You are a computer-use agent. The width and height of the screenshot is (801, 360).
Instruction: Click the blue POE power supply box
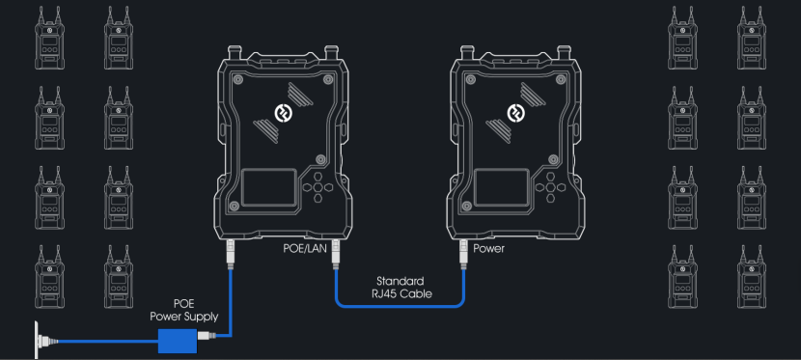tap(178, 341)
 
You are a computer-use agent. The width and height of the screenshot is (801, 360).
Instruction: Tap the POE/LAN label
tap(304, 249)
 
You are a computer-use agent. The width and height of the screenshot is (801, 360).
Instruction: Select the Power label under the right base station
tap(488, 249)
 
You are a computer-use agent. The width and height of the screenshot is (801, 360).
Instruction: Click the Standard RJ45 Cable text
tap(400, 288)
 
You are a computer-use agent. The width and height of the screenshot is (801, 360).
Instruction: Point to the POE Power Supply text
tap(184, 311)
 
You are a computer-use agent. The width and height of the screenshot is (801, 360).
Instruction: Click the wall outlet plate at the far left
tap(37, 340)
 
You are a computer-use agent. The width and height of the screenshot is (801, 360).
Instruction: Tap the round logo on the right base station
tap(514, 112)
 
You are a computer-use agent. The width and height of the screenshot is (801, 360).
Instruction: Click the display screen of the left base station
tap(268, 187)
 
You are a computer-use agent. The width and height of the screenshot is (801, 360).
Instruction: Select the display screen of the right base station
tap(502, 187)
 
